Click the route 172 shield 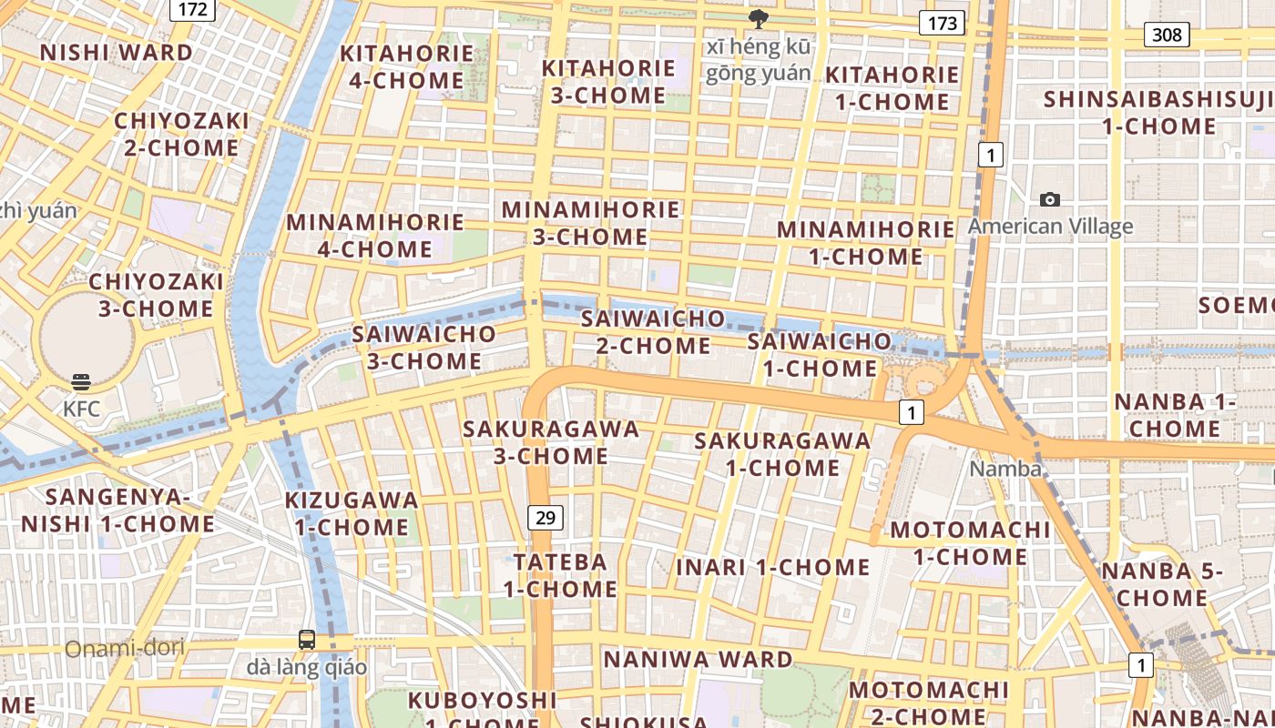192,10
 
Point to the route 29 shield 545,519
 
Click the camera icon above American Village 1050,199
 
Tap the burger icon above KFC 81,381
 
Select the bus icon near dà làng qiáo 307,640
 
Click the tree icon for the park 757,18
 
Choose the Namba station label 1005,469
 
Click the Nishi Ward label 117,52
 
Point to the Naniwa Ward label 699,659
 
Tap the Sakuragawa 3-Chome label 551,441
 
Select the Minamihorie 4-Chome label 375,236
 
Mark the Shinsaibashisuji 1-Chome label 1159,112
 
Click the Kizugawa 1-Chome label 352,513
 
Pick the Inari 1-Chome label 773,568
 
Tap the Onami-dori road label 124,648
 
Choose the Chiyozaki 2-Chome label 181,134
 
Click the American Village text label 1050,227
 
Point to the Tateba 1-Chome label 561,575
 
